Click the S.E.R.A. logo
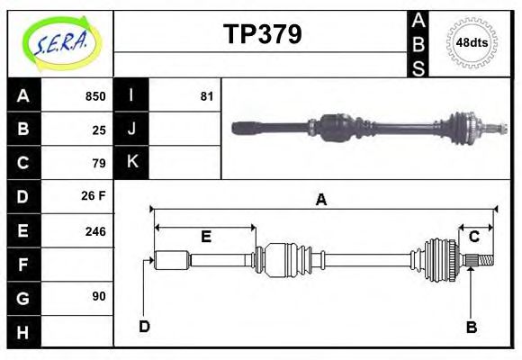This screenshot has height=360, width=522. click(60, 42)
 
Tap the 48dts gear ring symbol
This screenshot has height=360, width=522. click(472, 41)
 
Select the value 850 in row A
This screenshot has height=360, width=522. click(94, 96)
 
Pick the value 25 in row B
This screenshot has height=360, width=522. click(99, 130)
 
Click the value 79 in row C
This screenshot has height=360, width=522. click(99, 163)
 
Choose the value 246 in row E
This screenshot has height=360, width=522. click(94, 230)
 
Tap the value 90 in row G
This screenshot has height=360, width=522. click(99, 296)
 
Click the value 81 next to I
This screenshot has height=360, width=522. click(206, 96)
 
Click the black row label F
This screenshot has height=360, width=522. click(23, 264)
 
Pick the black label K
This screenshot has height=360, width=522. click(131, 163)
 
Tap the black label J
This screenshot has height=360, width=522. click(131, 130)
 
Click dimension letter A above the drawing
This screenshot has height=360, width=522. click(321, 201)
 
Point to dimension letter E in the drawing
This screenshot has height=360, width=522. click(205, 237)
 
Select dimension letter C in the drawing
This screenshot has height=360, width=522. click(473, 236)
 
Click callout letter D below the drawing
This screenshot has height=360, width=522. click(144, 325)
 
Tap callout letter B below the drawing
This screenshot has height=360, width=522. click(471, 327)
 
